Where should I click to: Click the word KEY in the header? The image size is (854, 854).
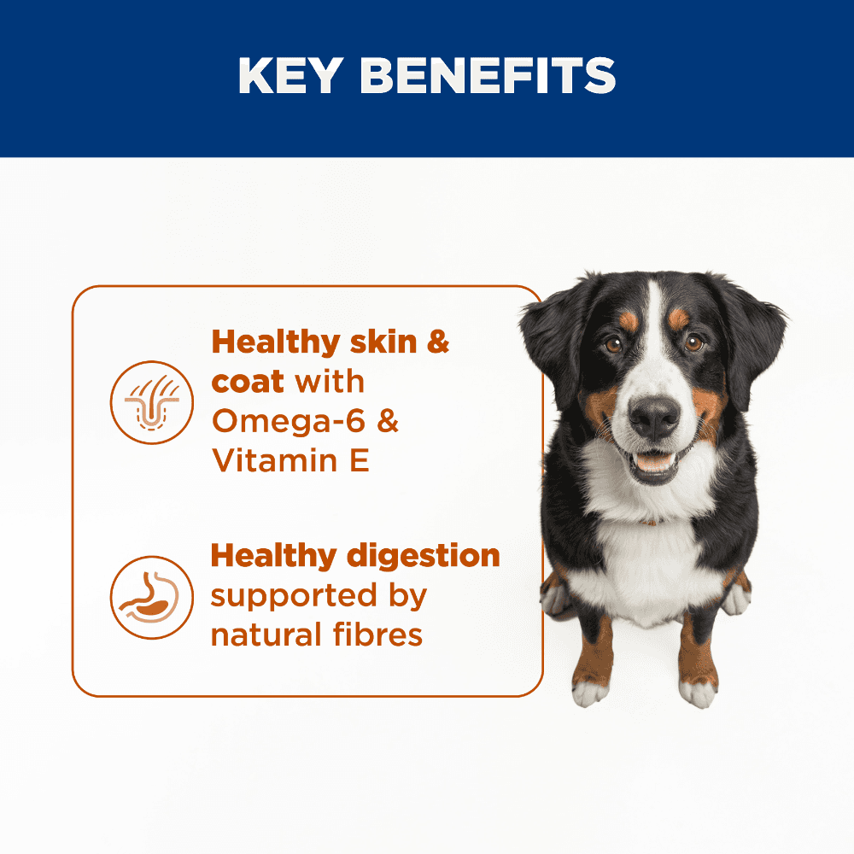tap(291, 76)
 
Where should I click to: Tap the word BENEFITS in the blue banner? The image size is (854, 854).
tap(488, 76)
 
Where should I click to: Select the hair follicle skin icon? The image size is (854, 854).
tap(152, 402)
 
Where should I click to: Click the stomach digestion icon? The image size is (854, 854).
tap(152, 598)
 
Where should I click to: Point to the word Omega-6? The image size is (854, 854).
tap(289, 421)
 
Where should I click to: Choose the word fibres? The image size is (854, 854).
tap(378, 635)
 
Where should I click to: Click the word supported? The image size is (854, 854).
tap(294, 597)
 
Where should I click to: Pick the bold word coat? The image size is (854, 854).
tap(248, 382)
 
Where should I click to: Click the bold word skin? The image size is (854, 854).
tap(383, 342)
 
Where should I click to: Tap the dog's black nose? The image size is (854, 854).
tap(654, 418)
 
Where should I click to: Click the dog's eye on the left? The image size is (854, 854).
tap(614, 344)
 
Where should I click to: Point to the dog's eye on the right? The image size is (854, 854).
tap(693, 342)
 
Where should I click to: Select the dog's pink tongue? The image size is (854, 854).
tap(654, 462)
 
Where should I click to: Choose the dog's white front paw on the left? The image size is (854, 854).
tap(590, 693)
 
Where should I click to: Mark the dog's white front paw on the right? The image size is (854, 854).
tap(698, 693)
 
